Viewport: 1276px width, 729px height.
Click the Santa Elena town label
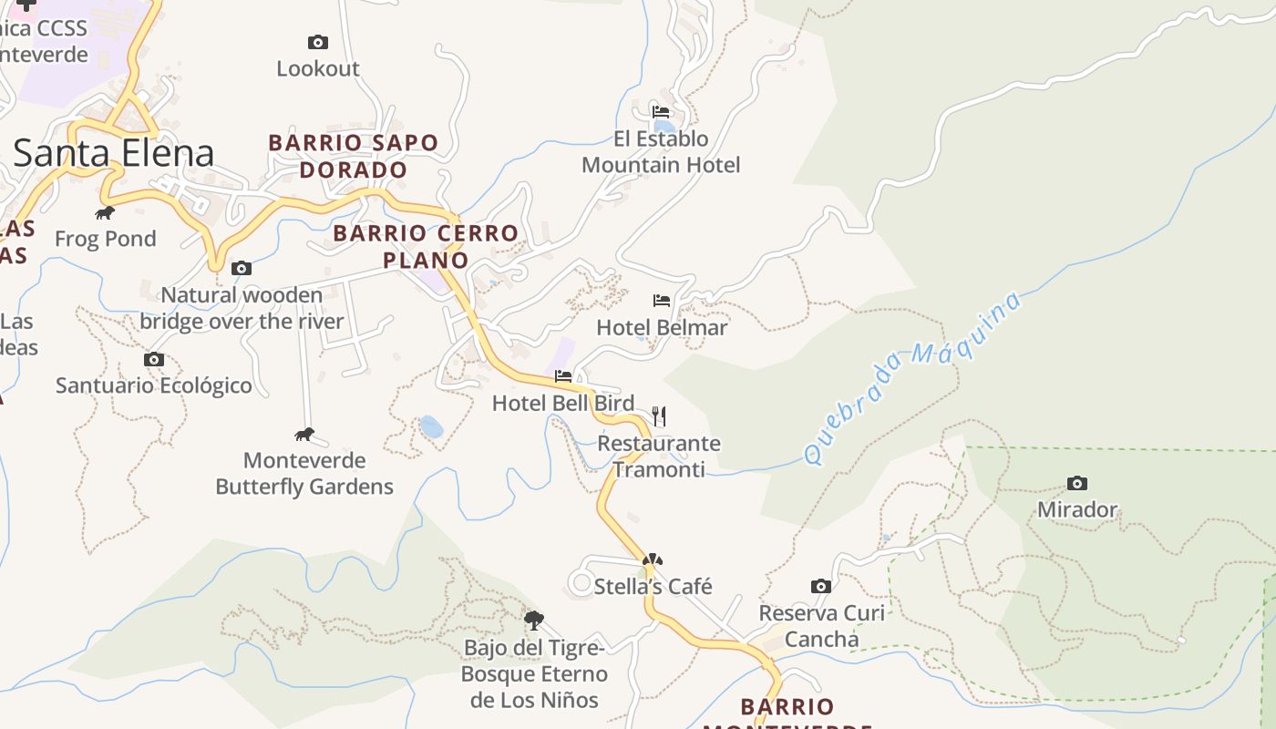[x=114, y=153]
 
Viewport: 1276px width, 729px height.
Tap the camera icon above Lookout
[x=317, y=42]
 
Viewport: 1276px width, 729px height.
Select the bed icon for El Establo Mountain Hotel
[x=661, y=112]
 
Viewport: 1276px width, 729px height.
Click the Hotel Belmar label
[x=662, y=327]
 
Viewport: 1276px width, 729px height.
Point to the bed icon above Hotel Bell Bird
[x=563, y=376]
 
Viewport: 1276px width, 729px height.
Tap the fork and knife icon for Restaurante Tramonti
[x=660, y=416]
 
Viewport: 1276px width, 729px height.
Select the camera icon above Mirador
[x=1076, y=483]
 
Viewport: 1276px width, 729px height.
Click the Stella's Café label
[x=653, y=586]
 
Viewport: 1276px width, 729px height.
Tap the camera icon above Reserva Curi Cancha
[x=820, y=586]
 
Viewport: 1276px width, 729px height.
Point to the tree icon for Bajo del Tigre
[x=534, y=621]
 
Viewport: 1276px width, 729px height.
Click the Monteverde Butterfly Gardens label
[x=304, y=473]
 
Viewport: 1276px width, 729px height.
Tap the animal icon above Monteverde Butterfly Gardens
[x=304, y=434]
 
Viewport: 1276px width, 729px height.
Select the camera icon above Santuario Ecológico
[x=154, y=359]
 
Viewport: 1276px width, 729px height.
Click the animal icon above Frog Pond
[x=105, y=213]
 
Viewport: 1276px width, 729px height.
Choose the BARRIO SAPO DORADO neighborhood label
[x=354, y=156]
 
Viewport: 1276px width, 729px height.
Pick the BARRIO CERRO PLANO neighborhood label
[x=426, y=246]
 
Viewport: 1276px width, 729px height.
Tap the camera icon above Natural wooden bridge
[x=242, y=268]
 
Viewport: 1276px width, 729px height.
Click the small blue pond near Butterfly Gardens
[x=430, y=426]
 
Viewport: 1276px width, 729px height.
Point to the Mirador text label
[x=1077, y=509]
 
